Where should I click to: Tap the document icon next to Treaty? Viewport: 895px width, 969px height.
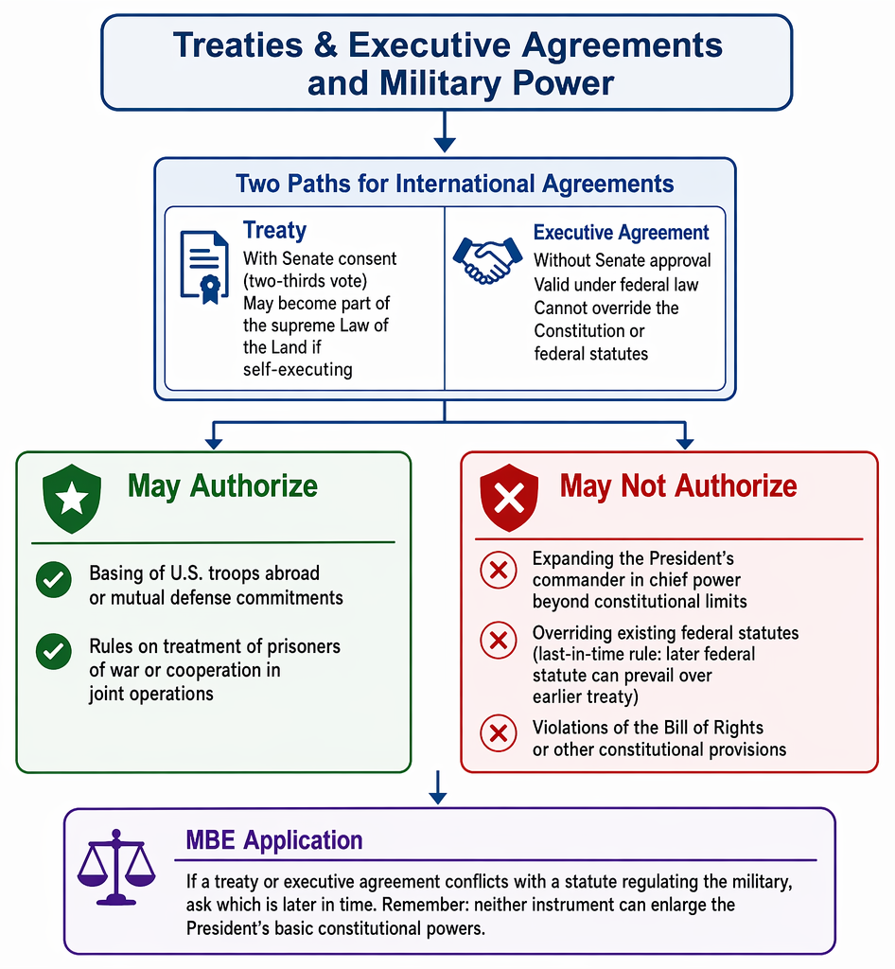[204, 266]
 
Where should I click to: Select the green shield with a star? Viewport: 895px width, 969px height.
[72, 499]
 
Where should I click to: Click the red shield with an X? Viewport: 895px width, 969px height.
[509, 498]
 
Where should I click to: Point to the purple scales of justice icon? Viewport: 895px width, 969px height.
[116, 867]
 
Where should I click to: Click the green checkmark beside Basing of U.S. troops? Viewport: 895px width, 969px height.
[54, 580]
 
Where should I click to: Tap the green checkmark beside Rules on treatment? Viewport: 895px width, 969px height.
[54, 651]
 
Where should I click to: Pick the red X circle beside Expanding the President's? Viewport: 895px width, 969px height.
[499, 570]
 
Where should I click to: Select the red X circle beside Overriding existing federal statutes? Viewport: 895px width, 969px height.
[499, 641]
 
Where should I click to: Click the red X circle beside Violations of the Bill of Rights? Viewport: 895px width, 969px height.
[499, 733]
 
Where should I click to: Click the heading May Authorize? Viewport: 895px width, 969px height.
[222, 486]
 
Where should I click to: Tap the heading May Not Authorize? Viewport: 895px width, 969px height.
[678, 486]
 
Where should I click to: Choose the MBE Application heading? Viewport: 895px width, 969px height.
[274, 840]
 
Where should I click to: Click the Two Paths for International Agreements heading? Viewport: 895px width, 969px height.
[455, 184]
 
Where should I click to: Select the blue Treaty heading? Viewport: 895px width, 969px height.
[275, 230]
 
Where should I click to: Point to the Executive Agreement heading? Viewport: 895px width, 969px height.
[622, 233]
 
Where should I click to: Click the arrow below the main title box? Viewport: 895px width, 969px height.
[445, 131]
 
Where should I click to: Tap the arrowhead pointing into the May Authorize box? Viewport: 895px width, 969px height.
[214, 443]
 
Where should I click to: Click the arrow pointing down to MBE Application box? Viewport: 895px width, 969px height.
[438, 787]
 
